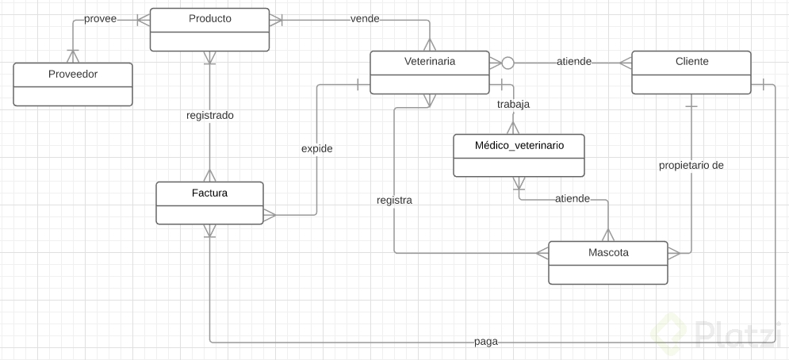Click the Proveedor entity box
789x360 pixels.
click(73, 84)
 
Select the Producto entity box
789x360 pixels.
click(210, 29)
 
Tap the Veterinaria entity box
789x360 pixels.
click(430, 72)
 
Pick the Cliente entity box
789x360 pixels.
click(690, 72)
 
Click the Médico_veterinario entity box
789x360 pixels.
click(519, 155)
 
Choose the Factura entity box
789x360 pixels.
click(209, 203)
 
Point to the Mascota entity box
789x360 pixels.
click(608, 262)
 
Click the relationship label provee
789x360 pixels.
click(101, 18)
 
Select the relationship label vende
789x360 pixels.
click(365, 18)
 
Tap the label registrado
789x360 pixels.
click(209, 115)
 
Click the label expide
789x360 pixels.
click(316, 148)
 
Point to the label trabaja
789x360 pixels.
click(513, 104)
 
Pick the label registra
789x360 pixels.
click(394, 201)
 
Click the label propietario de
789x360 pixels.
click(691, 166)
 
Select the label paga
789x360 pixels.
click(485, 342)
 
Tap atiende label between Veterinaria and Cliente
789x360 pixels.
click(573, 62)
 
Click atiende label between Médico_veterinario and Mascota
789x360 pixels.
click(573, 198)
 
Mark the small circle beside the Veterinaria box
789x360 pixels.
click(508, 62)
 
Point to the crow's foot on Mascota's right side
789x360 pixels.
click(674, 253)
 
